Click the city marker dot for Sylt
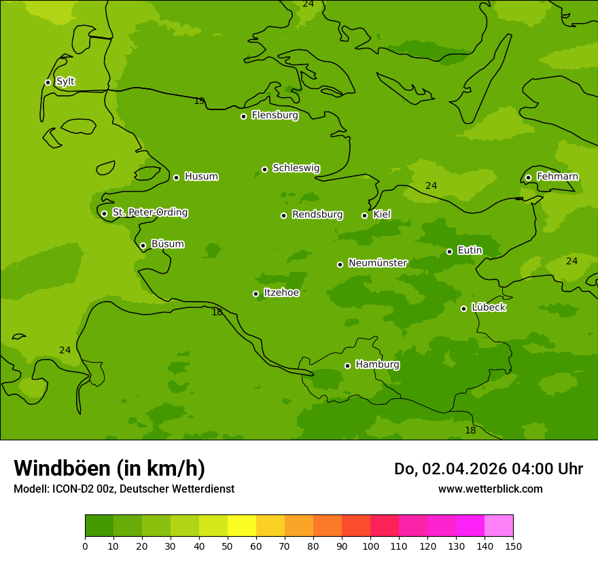[x=48, y=82]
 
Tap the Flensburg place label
[x=275, y=116]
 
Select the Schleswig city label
[x=296, y=168]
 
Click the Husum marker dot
[x=176, y=177]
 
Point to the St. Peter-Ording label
[x=149, y=213]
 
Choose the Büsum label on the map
[x=167, y=244]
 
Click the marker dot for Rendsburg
[x=283, y=215]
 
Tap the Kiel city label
[x=381, y=215]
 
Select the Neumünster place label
[x=377, y=263]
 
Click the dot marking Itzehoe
[x=256, y=294]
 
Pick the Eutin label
[x=470, y=251]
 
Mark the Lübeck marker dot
[x=463, y=309]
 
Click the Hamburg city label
[x=377, y=365]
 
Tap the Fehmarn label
[x=557, y=177]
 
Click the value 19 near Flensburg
[x=199, y=101]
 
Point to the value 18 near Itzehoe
[x=217, y=313]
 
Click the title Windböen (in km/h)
[x=109, y=468]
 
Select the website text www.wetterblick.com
[x=490, y=489]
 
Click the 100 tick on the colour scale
[x=370, y=546]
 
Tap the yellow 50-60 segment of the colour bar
[x=242, y=526]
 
